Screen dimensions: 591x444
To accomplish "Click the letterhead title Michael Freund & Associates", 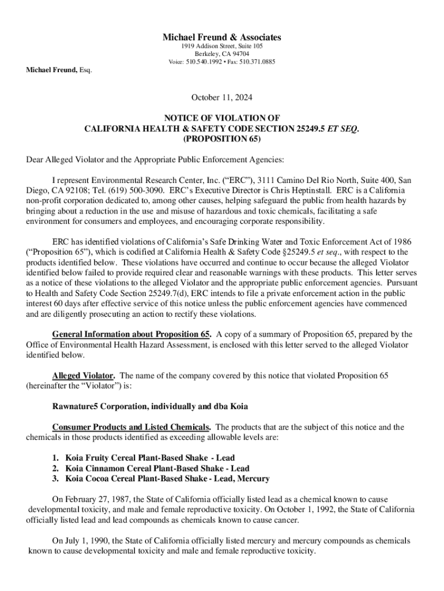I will [x=222, y=38].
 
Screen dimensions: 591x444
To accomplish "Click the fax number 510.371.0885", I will [x=257, y=62].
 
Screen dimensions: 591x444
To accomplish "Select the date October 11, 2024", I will [x=222, y=98].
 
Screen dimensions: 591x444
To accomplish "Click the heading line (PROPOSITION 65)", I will [x=222, y=139].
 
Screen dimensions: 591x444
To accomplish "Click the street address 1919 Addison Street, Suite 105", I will [x=222, y=46].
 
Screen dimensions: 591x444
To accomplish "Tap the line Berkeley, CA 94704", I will [x=222, y=54].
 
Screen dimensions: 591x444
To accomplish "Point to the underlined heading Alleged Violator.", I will [x=83, y=376].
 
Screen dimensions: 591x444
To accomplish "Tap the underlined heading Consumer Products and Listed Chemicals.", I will [x=131, y=428].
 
